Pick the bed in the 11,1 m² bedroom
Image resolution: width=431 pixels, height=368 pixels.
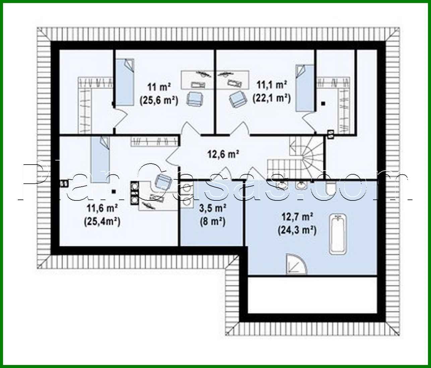pyautogui.click(x=304, y=87)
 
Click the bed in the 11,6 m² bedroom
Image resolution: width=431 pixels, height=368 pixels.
pyautogui.click(x=101, y=159)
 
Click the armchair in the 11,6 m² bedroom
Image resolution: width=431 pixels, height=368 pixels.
pyautogui.click(x=163, y=183)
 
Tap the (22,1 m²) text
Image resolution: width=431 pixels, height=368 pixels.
pyautogui.click(x=271, y=98)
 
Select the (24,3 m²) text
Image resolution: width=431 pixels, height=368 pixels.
pyautogui.click(x=297, y=230)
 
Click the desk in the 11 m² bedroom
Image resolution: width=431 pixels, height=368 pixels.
pyautogui.click(x=198, y=79)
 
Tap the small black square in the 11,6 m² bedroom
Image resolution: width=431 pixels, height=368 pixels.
pyautogui.click(x=114, y=192)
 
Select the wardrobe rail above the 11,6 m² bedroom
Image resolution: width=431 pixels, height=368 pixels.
pyautogui.click(x=154, y=141)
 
